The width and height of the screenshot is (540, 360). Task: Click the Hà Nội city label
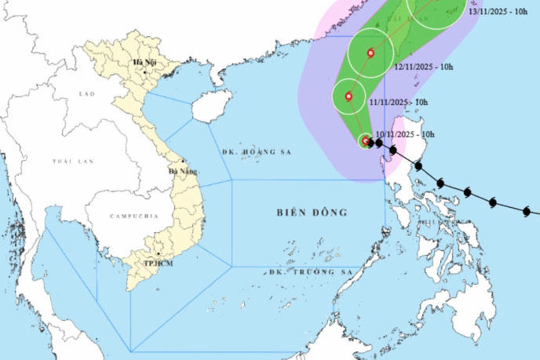[x=144, y=62]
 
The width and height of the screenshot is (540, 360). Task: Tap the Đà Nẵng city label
[x=184, y=170]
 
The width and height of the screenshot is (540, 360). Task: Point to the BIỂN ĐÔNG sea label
[x=312, y=213]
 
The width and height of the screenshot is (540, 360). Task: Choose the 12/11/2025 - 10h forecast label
[x=424, y=67]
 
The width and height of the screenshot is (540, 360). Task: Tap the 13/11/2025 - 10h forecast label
[x=498, y=12]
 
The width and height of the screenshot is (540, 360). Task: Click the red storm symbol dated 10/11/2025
[x=367, y=141]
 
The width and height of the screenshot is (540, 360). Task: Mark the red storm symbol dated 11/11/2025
[x=348, y=97]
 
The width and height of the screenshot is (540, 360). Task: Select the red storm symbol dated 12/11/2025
[x=371, y=53]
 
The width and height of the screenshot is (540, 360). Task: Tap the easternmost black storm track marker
[x=527, y=210]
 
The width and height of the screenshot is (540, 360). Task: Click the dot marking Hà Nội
[x=145, y=72]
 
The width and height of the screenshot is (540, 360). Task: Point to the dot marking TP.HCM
[x=158, y=254]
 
